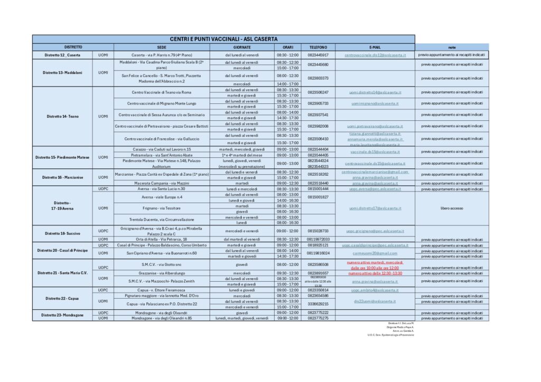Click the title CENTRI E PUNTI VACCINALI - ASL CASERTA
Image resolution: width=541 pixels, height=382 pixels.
[223, 39]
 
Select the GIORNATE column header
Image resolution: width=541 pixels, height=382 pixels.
[242, 47]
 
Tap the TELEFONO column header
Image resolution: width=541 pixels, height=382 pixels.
[318, 47]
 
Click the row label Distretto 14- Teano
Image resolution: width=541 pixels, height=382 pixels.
[62, 116]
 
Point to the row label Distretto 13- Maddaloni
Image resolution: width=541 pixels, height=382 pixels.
[62, 72]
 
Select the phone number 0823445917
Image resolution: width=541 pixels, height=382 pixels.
[318, 55]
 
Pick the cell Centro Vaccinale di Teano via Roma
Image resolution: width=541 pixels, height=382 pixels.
[162, 92]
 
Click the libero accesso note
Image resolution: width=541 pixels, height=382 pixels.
[452, 208]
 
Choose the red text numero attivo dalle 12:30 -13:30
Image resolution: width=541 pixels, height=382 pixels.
[375, 273]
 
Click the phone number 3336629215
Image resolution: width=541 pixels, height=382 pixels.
[318, 304]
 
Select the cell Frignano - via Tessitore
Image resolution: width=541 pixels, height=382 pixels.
[162, 208]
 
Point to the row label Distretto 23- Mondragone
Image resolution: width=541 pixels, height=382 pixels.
[62, 316]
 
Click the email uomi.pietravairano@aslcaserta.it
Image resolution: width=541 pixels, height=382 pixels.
[375, 126]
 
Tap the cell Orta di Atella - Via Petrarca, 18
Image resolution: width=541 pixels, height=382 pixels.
[162, 239]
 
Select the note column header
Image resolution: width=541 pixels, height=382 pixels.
[452, 47]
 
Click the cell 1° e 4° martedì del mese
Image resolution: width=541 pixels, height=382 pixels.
[242, 155]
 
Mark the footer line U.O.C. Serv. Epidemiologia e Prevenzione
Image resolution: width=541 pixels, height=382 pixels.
[391, 335]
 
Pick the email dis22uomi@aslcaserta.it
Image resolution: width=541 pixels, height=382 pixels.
[375, 301]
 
